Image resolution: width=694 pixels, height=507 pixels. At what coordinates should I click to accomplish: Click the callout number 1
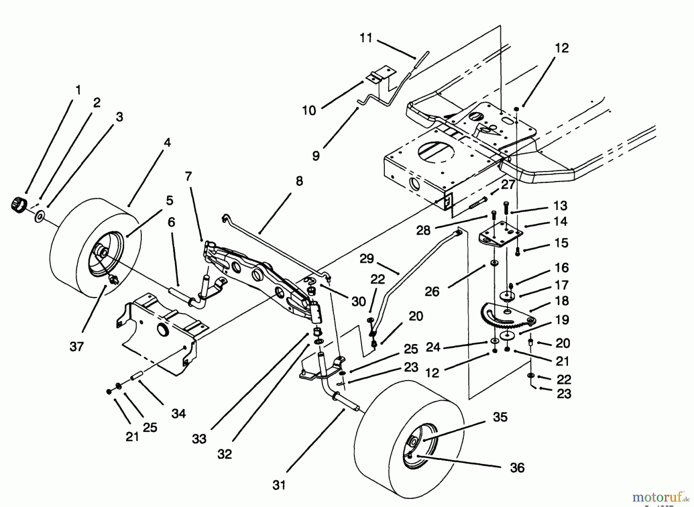coord(78,90)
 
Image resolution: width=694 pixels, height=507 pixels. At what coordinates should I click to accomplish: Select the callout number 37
coord(77,346)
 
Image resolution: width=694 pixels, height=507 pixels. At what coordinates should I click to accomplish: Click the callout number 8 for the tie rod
coord(299,181)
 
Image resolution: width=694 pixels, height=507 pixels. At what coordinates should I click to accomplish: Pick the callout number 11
coord(366,38)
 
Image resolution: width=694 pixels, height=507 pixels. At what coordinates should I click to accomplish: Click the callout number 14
coord(561,222)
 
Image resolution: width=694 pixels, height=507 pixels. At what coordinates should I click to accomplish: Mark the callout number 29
coord(366,259)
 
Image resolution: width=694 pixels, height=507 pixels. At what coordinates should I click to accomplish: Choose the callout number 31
coord(279,485)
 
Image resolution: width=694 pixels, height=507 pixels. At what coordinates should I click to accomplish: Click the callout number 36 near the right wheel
coord(517,467)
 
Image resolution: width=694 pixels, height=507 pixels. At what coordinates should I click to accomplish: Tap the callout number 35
coord(500,417)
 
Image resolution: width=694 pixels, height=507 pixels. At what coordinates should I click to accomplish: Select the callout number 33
coord(199,439)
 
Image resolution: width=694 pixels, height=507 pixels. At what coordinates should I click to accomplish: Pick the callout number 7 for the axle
coord(188,176)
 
